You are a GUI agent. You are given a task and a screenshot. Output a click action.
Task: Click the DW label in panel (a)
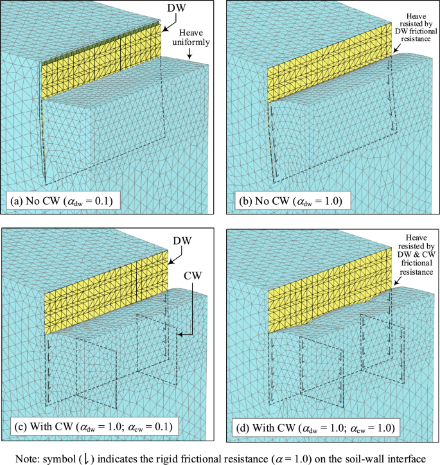tap(177, 8)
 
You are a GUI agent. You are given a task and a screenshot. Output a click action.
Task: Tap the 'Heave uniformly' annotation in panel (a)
tap(191, 37)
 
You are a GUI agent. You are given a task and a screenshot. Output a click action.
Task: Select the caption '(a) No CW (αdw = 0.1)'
tap(62, 201)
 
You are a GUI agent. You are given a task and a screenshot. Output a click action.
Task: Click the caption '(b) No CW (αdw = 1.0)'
tap(290, 201)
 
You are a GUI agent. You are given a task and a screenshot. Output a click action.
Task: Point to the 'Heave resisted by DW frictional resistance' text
tap(416, 28)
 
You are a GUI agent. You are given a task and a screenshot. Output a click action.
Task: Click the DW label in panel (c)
tap(182, 240)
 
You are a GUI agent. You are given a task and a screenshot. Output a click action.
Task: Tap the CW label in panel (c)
tap(193, 276)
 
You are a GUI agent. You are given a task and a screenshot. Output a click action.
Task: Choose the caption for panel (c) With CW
tap(94, 426)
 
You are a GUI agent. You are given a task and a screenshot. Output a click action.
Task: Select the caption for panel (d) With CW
tap(315, 428)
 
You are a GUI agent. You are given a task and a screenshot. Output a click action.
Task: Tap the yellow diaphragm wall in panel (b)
tap(330, 62)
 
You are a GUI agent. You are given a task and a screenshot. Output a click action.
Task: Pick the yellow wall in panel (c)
tap(106, 293)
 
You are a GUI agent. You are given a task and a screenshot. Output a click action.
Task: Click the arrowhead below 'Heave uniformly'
tap(189, 56)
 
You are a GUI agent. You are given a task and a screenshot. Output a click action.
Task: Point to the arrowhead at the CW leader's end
tap(180, 335)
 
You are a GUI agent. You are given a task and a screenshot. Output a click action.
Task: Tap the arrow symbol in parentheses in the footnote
tap(87, 459)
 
